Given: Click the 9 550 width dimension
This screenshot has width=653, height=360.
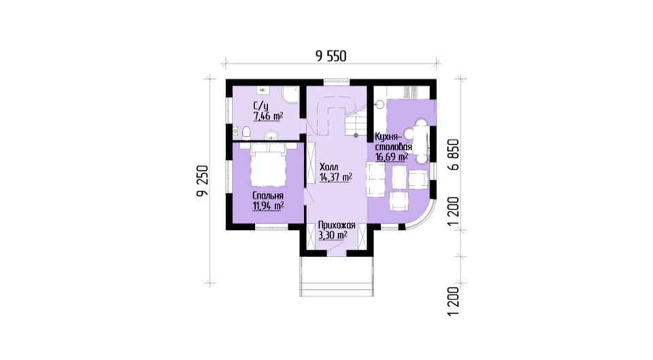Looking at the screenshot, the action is [331, 56].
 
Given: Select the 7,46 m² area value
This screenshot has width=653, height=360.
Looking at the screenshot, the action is [268, 116].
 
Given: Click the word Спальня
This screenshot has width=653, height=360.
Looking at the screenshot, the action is [268, 196].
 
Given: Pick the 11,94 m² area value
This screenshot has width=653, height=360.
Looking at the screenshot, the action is [268, 206].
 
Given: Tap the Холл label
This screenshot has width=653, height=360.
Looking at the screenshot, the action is [329, 167].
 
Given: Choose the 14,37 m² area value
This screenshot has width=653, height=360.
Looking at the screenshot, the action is [335, 178].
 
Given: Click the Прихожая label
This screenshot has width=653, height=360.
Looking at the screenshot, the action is [337, 225].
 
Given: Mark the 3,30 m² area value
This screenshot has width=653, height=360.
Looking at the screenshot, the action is [333, 235].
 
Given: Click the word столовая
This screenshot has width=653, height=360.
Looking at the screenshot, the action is [394, 148].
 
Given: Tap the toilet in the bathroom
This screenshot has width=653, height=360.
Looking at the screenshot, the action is [246, 133].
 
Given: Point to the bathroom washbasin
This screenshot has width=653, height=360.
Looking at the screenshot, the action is [271, 135].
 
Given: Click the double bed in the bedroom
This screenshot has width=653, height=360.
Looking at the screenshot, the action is [269, 165].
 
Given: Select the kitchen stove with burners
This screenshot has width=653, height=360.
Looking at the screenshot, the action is [411, 92].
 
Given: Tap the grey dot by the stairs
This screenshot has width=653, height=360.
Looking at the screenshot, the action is [356, 135].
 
